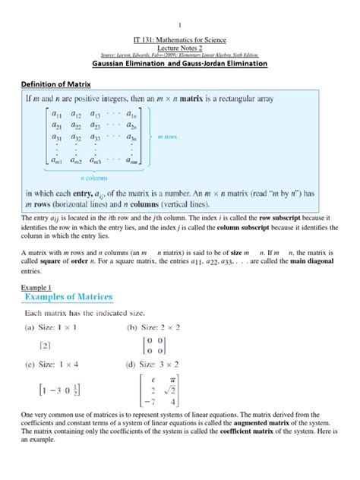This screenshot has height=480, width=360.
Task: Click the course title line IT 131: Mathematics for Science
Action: coord(179,38)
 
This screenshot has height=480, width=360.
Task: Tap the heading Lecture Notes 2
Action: coord(179,46)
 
